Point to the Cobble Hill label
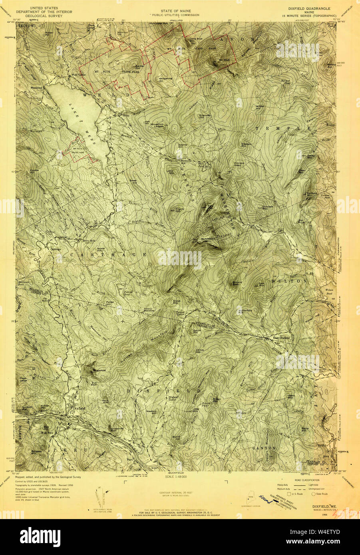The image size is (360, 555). [x=34, y=171]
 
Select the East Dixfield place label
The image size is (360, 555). [x=281, y=338]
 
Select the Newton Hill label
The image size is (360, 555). [x=151, y=411]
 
